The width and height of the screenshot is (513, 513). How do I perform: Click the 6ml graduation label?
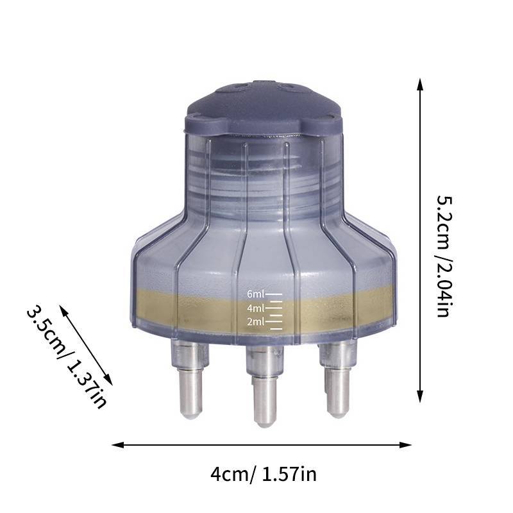tap(255, 294)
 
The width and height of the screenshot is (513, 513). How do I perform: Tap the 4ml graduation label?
tap(255, 308)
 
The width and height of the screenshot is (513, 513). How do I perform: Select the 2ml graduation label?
tap(255, 322)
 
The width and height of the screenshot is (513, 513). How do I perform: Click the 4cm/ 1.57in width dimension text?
tap(264, 474)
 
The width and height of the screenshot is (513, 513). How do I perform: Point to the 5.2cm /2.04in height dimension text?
tap(444, 256)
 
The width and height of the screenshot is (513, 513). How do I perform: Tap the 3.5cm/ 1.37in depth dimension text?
tap(67, 357)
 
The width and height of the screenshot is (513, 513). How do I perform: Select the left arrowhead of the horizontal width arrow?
tap(118, 445)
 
